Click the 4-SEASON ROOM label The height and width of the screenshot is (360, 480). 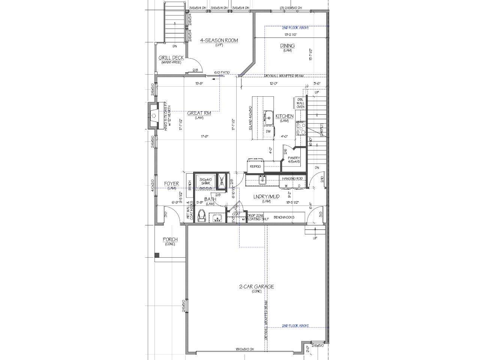point(219,40)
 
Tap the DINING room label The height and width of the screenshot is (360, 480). point(287,46)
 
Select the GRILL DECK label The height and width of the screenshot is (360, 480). point(171,58)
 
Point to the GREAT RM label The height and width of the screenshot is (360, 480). point(199,113)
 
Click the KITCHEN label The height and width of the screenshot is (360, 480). point(284,116)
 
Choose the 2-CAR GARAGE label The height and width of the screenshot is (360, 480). point(256,286)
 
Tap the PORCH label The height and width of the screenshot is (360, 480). point(170,239)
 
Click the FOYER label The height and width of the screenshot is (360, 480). point(171,184)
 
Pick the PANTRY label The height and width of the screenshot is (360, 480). point(294,158)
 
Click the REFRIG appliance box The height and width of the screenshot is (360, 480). point(255,165)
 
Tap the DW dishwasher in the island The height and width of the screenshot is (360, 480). point(268,131)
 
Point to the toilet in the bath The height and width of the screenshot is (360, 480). point(201,216)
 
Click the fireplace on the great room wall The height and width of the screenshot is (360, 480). point(154,116)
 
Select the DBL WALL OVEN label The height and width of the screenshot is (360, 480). point(300,103)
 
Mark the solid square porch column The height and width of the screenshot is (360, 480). point(157,255)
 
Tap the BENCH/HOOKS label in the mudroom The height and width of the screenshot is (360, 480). point(284,217)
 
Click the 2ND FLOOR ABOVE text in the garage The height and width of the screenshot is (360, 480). point(295,326)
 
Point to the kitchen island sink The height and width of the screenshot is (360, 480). point(268,117)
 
